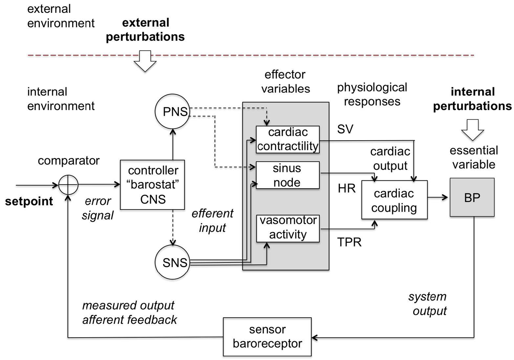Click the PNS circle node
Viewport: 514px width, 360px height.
pyautogui.click(x=172, y=111)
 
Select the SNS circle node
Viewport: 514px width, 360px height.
pyautogui.click(x=172, y=262)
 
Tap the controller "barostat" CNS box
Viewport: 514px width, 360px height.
pyautogui.click(x=153, y=185)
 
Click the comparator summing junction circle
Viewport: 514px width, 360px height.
pyautogui.click(x=68, y=185)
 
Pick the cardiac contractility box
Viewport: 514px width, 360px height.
pyautogui.click(x=288, y=139)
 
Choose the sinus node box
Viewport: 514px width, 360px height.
pyautogui.click(x=287, y=175)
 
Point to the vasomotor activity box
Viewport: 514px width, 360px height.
pyautogui.click(x=288, y=228)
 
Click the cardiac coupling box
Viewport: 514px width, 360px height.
pyautogui.click(x=394, y=200)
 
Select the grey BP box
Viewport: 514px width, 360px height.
pyautogui.click(x=472, y=197)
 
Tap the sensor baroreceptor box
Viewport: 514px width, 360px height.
pyautogui.click(x=267, y=337)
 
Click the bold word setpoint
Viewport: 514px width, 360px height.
pyautogui.click(x=29, y=201)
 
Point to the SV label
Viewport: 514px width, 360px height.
pyautogui.click(x=345, y=129)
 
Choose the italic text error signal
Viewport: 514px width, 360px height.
pyautogui.click(x=98, y=208)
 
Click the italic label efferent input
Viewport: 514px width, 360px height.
pyautogui.click(x=212, y=221)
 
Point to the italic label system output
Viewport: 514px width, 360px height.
pyautogui.click(x=428, y=304)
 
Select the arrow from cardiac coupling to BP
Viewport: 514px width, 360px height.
pyautogui.click(x=438, y=198)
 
